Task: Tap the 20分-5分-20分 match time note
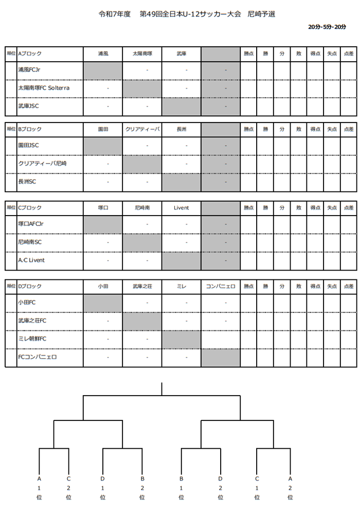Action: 327,27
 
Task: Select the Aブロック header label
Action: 30,54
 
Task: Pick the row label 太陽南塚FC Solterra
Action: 44,88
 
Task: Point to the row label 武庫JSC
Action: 28,106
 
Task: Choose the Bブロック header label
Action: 30,129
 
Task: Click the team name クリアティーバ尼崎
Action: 42,163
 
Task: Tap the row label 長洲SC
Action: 27,182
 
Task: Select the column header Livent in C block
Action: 182,208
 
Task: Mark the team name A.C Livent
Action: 31,260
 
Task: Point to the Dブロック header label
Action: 30,286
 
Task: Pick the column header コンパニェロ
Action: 221,286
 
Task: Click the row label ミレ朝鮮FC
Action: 32,339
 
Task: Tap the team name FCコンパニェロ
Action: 37,357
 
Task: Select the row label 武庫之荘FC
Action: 32,321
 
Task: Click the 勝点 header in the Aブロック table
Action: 249,54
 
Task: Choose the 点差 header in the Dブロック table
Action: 348,286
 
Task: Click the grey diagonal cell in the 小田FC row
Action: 103,303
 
